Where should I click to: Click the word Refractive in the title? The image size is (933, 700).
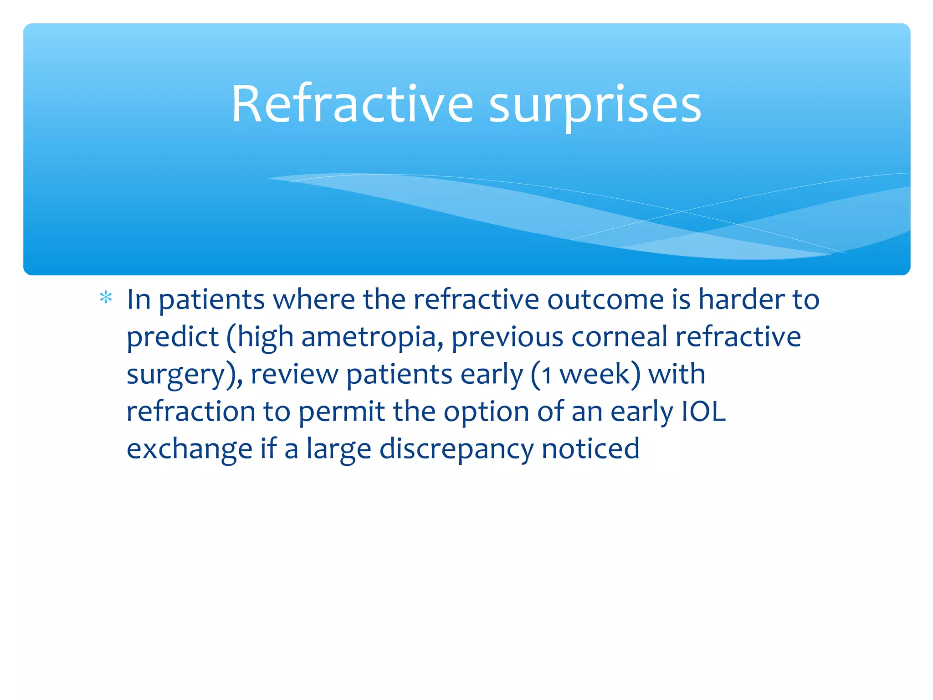(352, 104)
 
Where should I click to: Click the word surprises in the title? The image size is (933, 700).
(595, 106)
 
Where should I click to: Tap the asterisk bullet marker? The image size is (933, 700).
(106, 298)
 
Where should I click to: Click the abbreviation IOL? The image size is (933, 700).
(703, 412)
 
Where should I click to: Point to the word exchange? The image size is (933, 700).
(189, 449)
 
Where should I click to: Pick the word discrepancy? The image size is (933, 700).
(456, 449)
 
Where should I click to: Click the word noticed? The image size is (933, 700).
(590, 448)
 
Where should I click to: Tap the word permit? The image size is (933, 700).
(342, 412)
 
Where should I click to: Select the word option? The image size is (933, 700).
(486, 412)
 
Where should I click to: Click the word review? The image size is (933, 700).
(294, 375)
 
